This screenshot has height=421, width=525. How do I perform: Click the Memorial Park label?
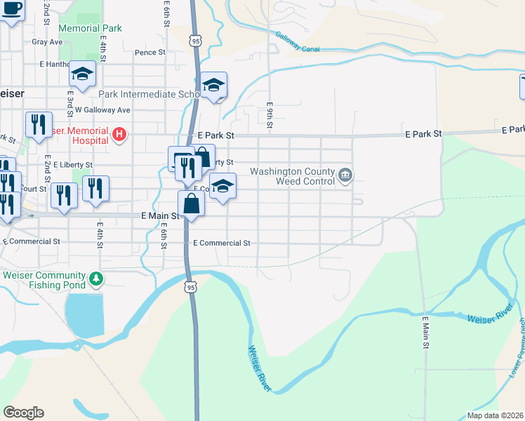[91, 29]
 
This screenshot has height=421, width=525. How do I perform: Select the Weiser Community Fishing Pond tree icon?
[96, 281]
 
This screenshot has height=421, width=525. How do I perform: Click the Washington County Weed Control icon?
[345, 175]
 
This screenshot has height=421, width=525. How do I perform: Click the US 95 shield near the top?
[196, 41]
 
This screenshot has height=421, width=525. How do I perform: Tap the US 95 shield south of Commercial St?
[191, 286]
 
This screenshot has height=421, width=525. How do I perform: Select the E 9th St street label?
[269, 116]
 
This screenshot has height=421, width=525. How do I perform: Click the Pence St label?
[149, 53]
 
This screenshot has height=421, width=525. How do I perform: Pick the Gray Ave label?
[47, 42]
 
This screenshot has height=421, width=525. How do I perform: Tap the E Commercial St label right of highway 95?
[221, 243]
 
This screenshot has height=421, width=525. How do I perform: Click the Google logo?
[23, 413]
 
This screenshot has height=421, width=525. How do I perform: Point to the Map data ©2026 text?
[493, 415]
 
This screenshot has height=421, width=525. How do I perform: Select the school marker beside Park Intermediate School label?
[213, 86]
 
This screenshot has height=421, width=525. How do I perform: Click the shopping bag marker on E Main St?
[191, 205]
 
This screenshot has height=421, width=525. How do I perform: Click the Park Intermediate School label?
[150, 94]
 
